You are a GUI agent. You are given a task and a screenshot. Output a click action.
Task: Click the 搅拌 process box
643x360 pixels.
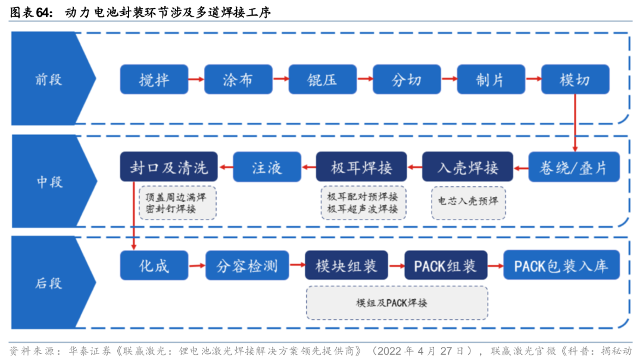pyautogui.click(x=154, y=80)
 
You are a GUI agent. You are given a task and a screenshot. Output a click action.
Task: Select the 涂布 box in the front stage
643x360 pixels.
pyautogui.click(x=238, y=80)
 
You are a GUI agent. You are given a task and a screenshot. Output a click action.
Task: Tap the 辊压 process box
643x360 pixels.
pyautogui.click(x=322, y=80)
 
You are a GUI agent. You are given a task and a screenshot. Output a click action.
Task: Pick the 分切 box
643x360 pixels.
pyautogui.click(x=407, y=80)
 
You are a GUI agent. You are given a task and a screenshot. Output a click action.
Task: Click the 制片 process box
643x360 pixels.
pyautogui.click(x=491, y=80)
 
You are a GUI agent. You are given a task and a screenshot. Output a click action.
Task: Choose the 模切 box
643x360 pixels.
pyautogui.click(x=575, y=80)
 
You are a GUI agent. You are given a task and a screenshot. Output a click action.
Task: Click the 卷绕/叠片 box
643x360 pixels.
pyautogui.click(x=575, y=167)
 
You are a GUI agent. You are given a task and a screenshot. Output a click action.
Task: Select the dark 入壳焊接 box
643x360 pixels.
pyautogui.click(x=467, y=167)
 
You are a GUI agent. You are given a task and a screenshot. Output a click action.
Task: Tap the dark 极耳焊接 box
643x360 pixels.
pyautogui.click(x=361, y=167)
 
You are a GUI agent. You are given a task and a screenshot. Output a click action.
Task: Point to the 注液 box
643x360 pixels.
pyautogui.click(x=267, y=167)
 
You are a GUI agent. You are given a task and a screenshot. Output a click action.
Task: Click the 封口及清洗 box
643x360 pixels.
pyautogui.click(x=168, y=167)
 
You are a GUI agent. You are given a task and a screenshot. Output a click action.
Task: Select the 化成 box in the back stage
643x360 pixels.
pyautogui.click(x=154, y=265)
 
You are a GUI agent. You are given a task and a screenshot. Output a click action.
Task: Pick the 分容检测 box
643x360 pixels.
pyautogui.click(x=247, y=265)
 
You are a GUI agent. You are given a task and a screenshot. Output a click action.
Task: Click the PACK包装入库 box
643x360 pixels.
pyautogui.click(x=561, y=265)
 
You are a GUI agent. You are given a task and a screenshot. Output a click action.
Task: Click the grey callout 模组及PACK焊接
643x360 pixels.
pyautogui.click(x=397, y=303)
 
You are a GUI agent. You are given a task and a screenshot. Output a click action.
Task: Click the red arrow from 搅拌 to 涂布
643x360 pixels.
pyautogui.click(x=196, y=80)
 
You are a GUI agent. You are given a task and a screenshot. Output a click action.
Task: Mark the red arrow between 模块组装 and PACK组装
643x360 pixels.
pyautogui.click(x=396, y=265)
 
